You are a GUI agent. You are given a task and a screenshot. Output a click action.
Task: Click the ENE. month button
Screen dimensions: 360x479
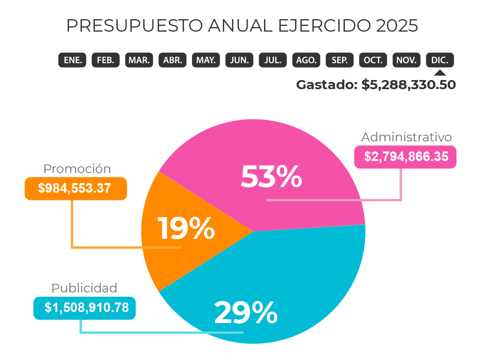pos(72,60)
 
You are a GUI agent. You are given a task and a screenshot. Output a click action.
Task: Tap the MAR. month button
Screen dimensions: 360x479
pos(139,60)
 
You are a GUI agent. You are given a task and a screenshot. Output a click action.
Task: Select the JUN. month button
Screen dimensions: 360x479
pos(239,60)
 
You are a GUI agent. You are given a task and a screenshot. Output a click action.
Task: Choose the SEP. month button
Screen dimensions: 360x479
pos(340,60)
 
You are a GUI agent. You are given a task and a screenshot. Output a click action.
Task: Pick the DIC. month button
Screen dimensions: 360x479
pos(440,60)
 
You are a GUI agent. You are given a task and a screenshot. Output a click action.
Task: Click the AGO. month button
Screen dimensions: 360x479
pos(306,60)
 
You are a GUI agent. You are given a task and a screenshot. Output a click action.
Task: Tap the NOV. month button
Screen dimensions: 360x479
pos(407,60)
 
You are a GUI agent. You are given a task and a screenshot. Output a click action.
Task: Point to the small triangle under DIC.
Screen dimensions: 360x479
pos(440,72)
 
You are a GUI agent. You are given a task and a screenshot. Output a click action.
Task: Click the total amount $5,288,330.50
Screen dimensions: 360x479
pos(409,85)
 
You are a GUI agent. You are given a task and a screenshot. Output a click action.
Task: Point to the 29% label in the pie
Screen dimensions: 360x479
pos(246,313)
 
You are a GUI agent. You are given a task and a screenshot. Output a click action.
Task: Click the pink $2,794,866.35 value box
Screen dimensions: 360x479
pos(406,157)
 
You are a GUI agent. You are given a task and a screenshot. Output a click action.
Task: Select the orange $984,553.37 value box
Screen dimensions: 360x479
pos(76,188)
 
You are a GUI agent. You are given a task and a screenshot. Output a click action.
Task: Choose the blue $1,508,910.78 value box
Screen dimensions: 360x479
pos(85,308)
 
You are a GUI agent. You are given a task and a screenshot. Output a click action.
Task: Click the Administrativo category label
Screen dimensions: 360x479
pos(406,137)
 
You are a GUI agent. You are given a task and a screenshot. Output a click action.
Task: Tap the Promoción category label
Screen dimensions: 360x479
pos(77,169)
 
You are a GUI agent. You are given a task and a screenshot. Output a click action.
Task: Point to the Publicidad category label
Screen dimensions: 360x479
pos(84,288)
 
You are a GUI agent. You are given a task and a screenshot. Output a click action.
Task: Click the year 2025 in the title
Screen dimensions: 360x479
pos(397,25)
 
